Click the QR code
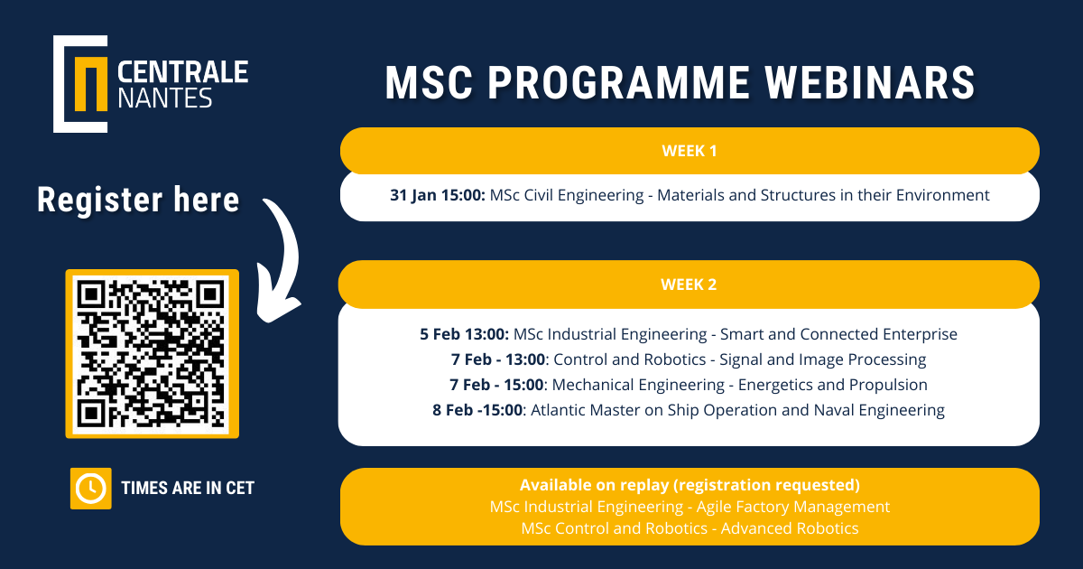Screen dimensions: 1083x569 152,354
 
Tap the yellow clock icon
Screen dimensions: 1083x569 91,489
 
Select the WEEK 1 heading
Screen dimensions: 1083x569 690,151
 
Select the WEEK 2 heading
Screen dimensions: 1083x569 689,284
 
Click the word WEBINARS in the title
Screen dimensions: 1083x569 870,83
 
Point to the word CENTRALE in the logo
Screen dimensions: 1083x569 182,72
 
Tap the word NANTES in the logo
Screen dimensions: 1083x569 165,98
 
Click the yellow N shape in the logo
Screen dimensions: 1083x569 91,84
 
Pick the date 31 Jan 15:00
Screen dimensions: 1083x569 438,195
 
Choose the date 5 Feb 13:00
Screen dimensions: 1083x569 464,334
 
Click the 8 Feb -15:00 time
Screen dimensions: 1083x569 477,410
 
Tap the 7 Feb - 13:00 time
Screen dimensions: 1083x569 498,359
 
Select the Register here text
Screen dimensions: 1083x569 138,200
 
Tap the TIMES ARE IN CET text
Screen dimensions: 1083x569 188,489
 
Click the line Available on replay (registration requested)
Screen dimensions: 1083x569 690,485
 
